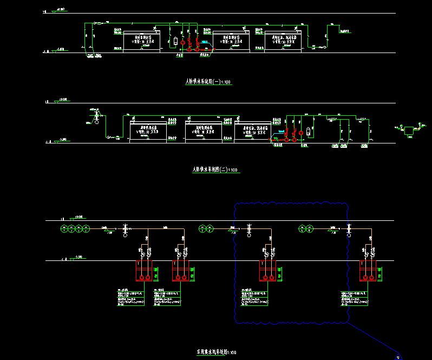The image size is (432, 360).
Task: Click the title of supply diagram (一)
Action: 208,82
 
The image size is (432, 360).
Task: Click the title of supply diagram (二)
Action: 216,169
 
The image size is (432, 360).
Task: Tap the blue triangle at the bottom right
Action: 400,357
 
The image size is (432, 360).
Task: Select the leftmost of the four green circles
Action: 63,228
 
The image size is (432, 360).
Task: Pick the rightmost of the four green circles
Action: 86,228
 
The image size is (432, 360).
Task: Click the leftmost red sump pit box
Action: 145,271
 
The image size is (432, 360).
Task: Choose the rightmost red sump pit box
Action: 371,271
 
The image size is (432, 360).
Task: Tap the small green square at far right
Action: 409,130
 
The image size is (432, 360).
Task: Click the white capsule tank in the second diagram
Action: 307,130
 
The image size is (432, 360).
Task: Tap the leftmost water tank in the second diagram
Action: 148,130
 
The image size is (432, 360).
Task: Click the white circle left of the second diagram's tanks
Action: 97,122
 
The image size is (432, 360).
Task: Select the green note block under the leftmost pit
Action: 130,298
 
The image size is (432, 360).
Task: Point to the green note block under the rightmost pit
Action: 356,298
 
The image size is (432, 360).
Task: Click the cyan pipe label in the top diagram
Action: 204,42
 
